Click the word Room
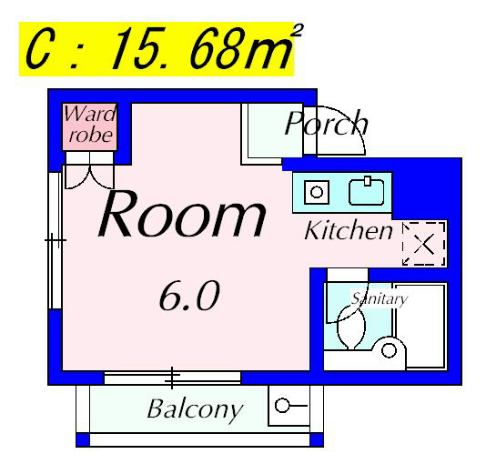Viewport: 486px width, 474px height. [182, 214]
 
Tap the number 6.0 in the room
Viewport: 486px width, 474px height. [189, 296]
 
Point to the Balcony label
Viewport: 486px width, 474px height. [195, 409]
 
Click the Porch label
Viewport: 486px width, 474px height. [327, 123]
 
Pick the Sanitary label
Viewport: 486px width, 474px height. [380, 298]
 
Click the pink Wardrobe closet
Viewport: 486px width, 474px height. [89, 127]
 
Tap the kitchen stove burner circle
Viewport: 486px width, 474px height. [317, 192]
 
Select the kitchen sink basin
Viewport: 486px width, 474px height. [367, 192]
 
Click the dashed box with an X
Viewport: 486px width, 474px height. [424, 244]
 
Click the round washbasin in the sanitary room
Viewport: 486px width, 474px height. [389, 350]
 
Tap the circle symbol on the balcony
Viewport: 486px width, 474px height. [282, 405]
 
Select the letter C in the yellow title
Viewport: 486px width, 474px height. [38, 48]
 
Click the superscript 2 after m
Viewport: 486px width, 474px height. [297, 30]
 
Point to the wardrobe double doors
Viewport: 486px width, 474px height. [89, 176]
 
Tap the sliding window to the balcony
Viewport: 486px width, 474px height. [172, 378]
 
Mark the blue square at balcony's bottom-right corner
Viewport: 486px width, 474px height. [317, 440]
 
